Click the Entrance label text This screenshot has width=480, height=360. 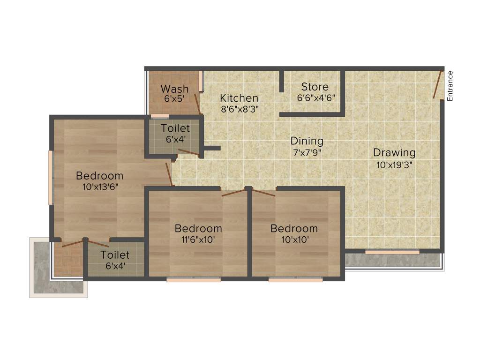[450, 86]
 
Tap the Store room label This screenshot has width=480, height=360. [315, 87]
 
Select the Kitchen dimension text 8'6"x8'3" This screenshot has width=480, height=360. [239, 108]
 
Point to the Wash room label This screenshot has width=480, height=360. [174, 89]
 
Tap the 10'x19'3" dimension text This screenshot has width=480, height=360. [394, 165]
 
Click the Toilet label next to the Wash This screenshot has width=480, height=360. [175, 128]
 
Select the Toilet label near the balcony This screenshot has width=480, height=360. [115, 255]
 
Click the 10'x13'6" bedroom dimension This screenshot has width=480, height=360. [99, 187]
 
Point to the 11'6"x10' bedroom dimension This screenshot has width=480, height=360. [198, 240]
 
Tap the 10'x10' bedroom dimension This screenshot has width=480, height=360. [294, 240]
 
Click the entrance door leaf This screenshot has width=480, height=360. [438, 85]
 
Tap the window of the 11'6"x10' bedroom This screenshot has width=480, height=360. [193, 280]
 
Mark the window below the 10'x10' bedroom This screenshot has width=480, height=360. [295, 280]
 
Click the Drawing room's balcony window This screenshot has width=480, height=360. [392, 252]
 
